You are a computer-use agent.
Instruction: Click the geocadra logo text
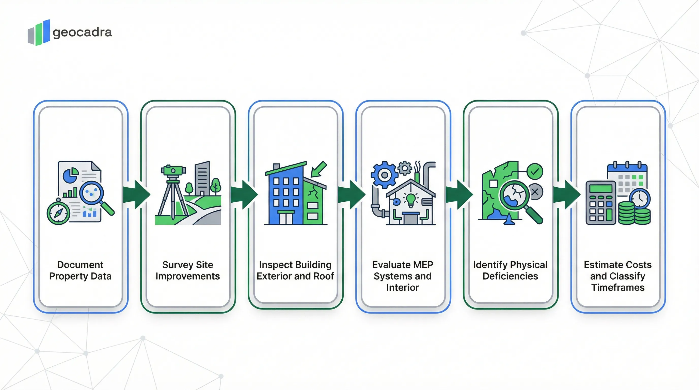pyautogui.click(x=82, y=32)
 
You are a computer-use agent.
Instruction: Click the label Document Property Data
pyautogui.click(x=80, y=270)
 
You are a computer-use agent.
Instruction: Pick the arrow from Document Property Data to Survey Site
pyautogui.click(x=136, y=194)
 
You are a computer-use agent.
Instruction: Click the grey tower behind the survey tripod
pyautogui.click(x=202, y=178)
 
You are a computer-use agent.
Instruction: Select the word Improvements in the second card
pyautogui.click(x=187, y=276)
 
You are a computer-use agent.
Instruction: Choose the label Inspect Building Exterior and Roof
pyautogui.click(x=295, y=270)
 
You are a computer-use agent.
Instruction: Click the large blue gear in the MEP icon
pyautogui.click(x=384, y=175)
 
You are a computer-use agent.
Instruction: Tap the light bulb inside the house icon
pyautogui.click(x=410, y=200)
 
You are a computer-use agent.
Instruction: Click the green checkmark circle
pyautogui.click(x=535, y=171)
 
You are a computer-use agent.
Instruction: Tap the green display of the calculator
pyautogui.click(x=601, y=188)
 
